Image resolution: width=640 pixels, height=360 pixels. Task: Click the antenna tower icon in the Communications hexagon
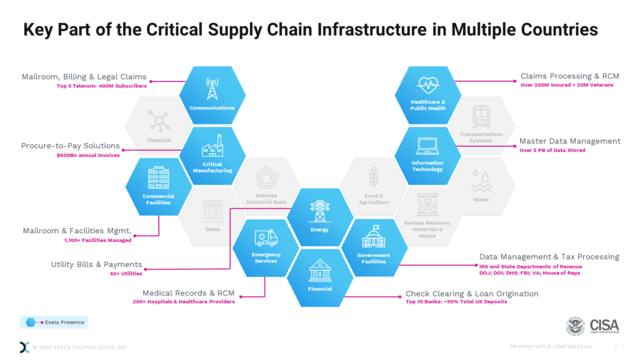pos(212,89)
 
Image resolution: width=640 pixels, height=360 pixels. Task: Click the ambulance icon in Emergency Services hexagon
pos(266,237)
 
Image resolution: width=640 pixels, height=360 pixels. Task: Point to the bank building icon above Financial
pos(320,270)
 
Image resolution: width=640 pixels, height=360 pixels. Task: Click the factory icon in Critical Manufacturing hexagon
pos(212,147)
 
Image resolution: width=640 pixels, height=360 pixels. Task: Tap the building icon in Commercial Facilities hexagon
pos(159,177)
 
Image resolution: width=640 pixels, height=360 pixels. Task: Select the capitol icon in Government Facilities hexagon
pos(374,237)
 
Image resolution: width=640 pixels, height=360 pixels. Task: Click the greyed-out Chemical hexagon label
pos(159,140)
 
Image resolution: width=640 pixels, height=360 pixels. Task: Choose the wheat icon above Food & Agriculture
pos(373,178)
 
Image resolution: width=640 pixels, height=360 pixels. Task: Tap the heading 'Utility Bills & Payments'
pos(96,264)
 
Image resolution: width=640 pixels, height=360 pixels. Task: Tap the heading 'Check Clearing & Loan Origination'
pos(472,293)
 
